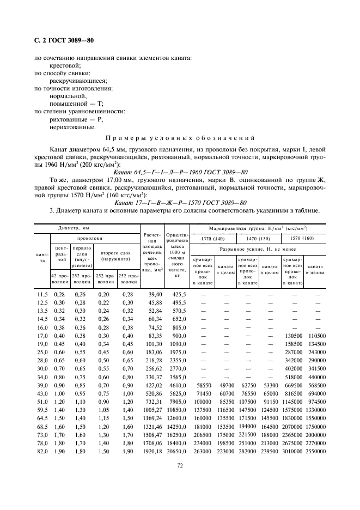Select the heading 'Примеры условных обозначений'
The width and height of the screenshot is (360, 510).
(x=180, y=138)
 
